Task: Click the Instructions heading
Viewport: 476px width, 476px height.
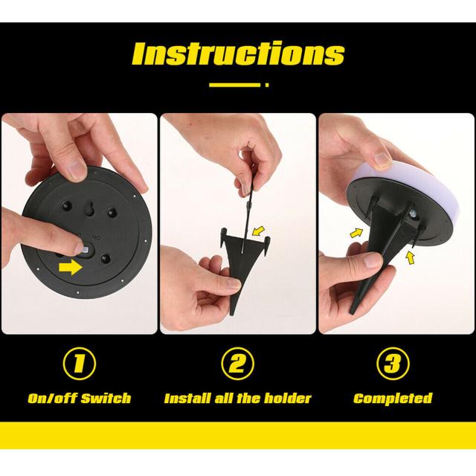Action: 238,54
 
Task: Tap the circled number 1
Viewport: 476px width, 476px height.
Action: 80,364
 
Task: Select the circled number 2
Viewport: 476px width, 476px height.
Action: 237,364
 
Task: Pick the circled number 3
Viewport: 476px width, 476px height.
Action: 393,364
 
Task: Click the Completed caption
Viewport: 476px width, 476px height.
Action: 393,399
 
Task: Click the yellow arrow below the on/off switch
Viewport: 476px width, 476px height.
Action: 71,267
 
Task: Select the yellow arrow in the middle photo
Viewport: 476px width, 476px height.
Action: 259,231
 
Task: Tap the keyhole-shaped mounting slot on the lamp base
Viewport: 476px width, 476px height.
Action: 90,209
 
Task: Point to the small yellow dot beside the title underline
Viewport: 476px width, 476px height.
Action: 267,85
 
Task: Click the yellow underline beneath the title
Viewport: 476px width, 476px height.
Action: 235,85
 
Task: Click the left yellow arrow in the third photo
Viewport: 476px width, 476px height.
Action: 356,233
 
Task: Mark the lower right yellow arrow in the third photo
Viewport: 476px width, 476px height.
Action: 410,258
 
